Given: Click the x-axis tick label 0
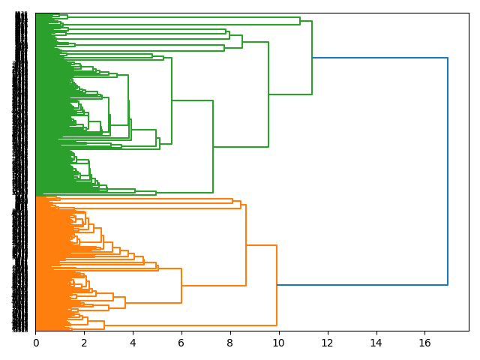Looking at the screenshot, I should pyautogui.click(x=35, y=342).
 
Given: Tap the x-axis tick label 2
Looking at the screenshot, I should pyautogui.click(x=84, y=342).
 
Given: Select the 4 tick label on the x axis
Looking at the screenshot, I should pyautogui.click(x=133, y=342).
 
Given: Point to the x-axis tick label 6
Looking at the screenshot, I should pyautogui.click(x=181, y=342).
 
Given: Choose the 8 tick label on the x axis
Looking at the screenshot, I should pyautogui.click(x=230, y=342).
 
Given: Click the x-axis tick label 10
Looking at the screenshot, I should pyautogui.click(x=278, y=342).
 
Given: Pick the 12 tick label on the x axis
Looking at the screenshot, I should pyautogui.click(x=327, y=342).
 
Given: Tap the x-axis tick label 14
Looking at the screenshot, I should pyautogui.click(x=376, y=342).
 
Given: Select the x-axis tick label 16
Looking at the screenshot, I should pyautogui.click(x=424, y=342).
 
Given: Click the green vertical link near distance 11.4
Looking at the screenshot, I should pyautogui.click(x=312, y=58).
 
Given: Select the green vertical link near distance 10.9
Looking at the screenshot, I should pyautogui.click(x=300, y=21).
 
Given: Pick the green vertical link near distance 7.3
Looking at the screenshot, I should pyautogui.click(x=213, y=146).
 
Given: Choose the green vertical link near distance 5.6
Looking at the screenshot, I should pyautogui.click(x=172, y=100).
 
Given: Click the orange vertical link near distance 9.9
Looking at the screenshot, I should pyautogui.click(x=277, y=285).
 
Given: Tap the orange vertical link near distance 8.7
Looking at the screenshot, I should pyautogui.click(x=246, y=245).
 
